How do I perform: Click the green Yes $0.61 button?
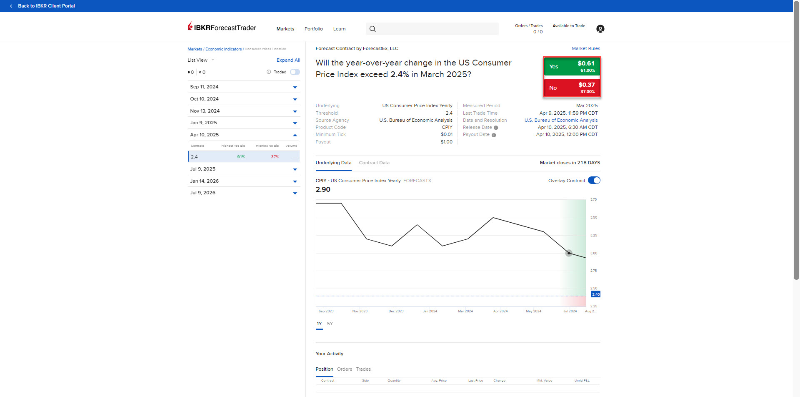click(572, 67)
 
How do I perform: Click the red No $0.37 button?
click(572, 88)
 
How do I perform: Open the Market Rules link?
click(585, 48)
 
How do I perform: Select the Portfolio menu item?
click(313, 29)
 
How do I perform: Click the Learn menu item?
click(339, 29)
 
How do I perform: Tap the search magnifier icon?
click(372, 29)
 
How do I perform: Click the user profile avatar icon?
click(600, 29)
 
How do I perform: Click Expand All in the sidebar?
click(288, 60)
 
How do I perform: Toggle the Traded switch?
click(295, 72)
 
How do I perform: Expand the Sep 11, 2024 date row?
click(244, 87)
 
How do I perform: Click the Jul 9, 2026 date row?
click(244, 193)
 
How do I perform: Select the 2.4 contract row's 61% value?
click(241, 157)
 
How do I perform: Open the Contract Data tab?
click(374, 163)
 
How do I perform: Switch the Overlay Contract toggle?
click(594, 181)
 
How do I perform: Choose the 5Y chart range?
click(330, 324)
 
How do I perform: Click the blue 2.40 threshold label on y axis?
click(596, 294)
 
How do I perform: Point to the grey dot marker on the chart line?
click(569, 253)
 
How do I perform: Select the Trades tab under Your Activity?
click(363, 369)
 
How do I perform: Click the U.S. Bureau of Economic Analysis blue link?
click(561, 120)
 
